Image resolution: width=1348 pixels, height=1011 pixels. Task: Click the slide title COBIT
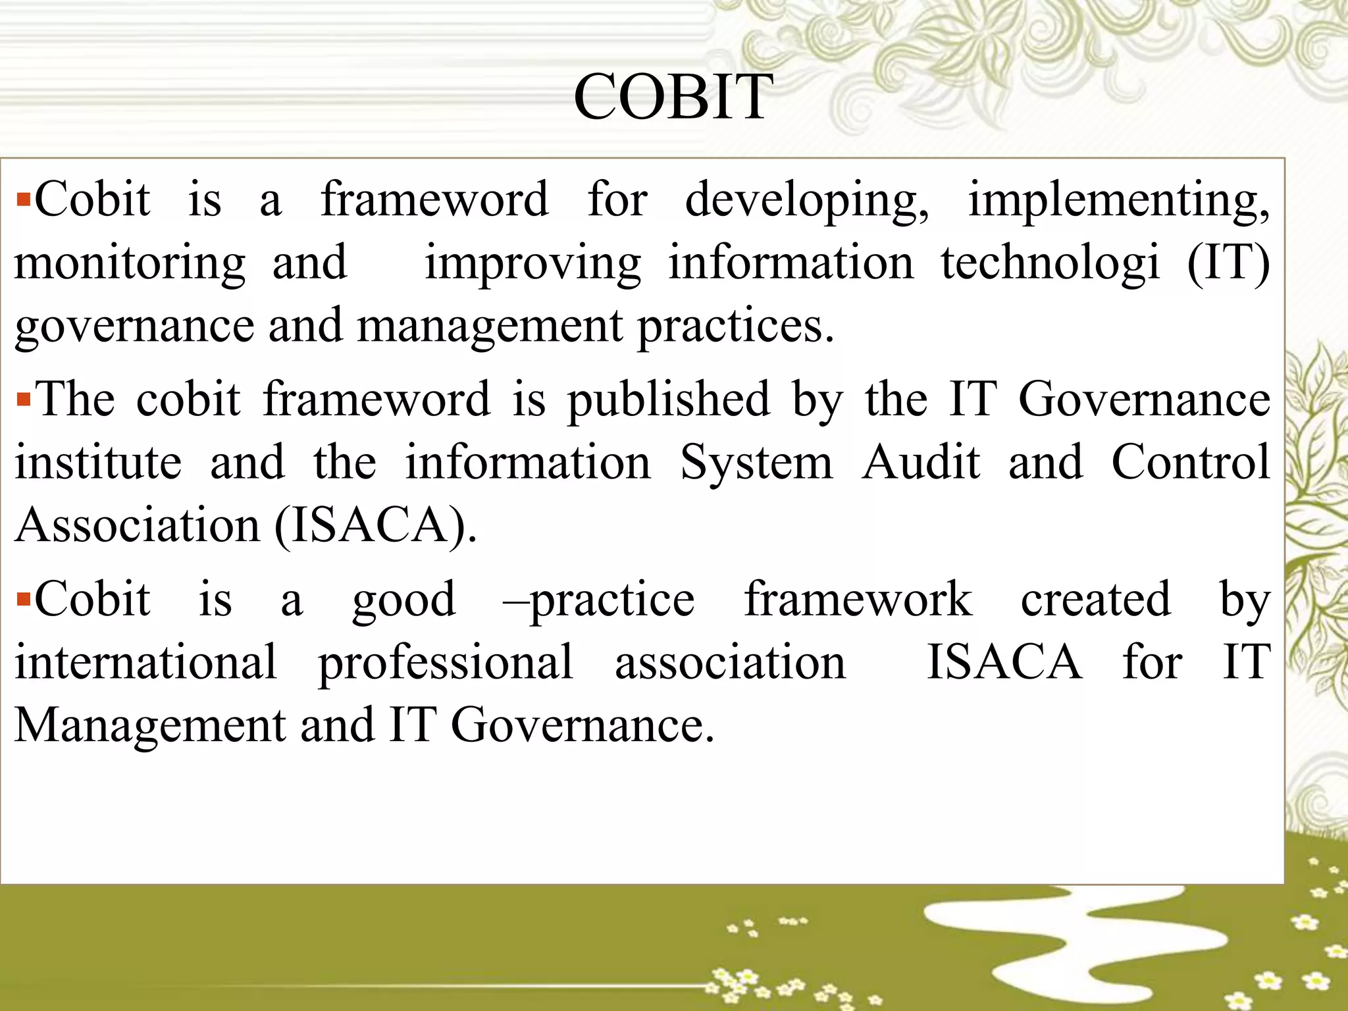click(x=673, y=97)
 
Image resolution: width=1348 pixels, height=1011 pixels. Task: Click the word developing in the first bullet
click(x=807, y=200)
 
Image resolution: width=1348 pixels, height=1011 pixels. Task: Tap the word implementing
click(x=1118, y=200)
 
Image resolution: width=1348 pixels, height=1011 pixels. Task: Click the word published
click(x=668, y=400)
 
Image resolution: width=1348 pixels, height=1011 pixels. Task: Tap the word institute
click(x=98, y=462)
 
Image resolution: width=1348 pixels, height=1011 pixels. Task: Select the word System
click(x=756, y=462)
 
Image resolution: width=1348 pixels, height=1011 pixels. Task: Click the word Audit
click(x=921, y=462)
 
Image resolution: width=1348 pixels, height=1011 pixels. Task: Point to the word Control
click(x=1191, y=462)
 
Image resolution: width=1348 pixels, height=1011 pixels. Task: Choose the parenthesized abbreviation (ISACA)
click(x=376, y=526)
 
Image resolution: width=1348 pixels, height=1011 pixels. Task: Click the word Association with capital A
click(x=138, y=526)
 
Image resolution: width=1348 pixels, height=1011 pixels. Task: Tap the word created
click(x=1095, y=599)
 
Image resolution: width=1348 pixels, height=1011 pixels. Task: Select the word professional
click(x=445, y=662)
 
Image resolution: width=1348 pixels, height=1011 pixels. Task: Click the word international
click(x=145, y=662)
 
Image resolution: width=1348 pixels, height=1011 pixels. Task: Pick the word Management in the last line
click(x=150, y=725)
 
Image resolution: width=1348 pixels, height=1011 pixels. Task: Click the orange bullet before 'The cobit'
click(x=24, y=399)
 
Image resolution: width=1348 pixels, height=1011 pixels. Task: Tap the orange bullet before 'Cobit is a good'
click(x=24, y=599)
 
